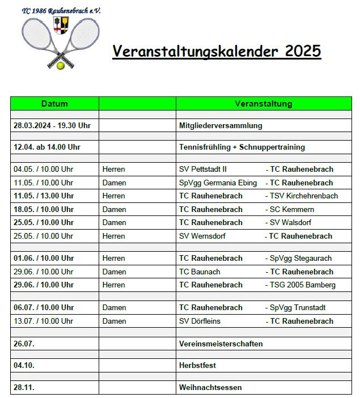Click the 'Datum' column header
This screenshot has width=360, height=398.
54,104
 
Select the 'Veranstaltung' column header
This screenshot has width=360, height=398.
264,104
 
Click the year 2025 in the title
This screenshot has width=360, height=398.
300,51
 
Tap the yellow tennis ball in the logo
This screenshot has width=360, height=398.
61,66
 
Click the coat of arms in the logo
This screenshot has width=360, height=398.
60,24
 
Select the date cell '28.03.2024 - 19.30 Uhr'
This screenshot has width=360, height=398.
52,126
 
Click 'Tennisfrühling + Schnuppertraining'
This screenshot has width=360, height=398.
242,147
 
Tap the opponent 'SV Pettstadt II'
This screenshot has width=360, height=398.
203,169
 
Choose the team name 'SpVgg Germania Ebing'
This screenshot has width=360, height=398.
218,183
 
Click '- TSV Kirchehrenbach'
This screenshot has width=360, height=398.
302,196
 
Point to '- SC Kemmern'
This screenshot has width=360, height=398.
290,209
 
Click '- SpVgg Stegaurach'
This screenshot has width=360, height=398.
299,259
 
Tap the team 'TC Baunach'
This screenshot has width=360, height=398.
200,272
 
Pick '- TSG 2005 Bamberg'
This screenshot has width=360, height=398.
300,285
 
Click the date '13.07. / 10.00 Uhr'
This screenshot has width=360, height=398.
44,321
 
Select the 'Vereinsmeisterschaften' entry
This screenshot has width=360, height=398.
221,344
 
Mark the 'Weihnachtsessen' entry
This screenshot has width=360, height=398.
210,388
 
